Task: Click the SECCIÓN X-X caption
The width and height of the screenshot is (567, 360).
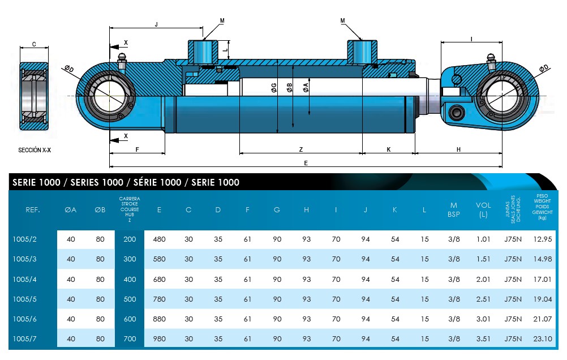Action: (x=35, y=151)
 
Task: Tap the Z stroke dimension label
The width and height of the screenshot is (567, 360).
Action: (x=300, y=149)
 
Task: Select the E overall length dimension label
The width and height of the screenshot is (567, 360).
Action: (x=306, y=163)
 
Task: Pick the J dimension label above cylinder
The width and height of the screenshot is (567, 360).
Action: (x=156, y=24)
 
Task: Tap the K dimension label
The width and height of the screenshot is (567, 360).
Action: (x=389, y=149)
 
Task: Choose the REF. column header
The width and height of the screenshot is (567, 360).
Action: (x=33, y=210)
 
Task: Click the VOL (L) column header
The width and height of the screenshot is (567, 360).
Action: (x=483, y=210)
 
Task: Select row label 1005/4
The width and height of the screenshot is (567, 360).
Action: (x=24, y=279)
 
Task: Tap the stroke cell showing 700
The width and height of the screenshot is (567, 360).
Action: (x=130, y=339)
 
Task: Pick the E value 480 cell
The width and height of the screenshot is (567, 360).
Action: (x=160, y=239)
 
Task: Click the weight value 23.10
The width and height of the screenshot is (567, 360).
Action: (x=542, y=339)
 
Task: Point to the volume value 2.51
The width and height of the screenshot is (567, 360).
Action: (x=483, y=299)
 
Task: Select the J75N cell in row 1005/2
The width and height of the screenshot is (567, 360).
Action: (x=513, y=239)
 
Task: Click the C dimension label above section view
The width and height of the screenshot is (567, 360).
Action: (x=34, y=44)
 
